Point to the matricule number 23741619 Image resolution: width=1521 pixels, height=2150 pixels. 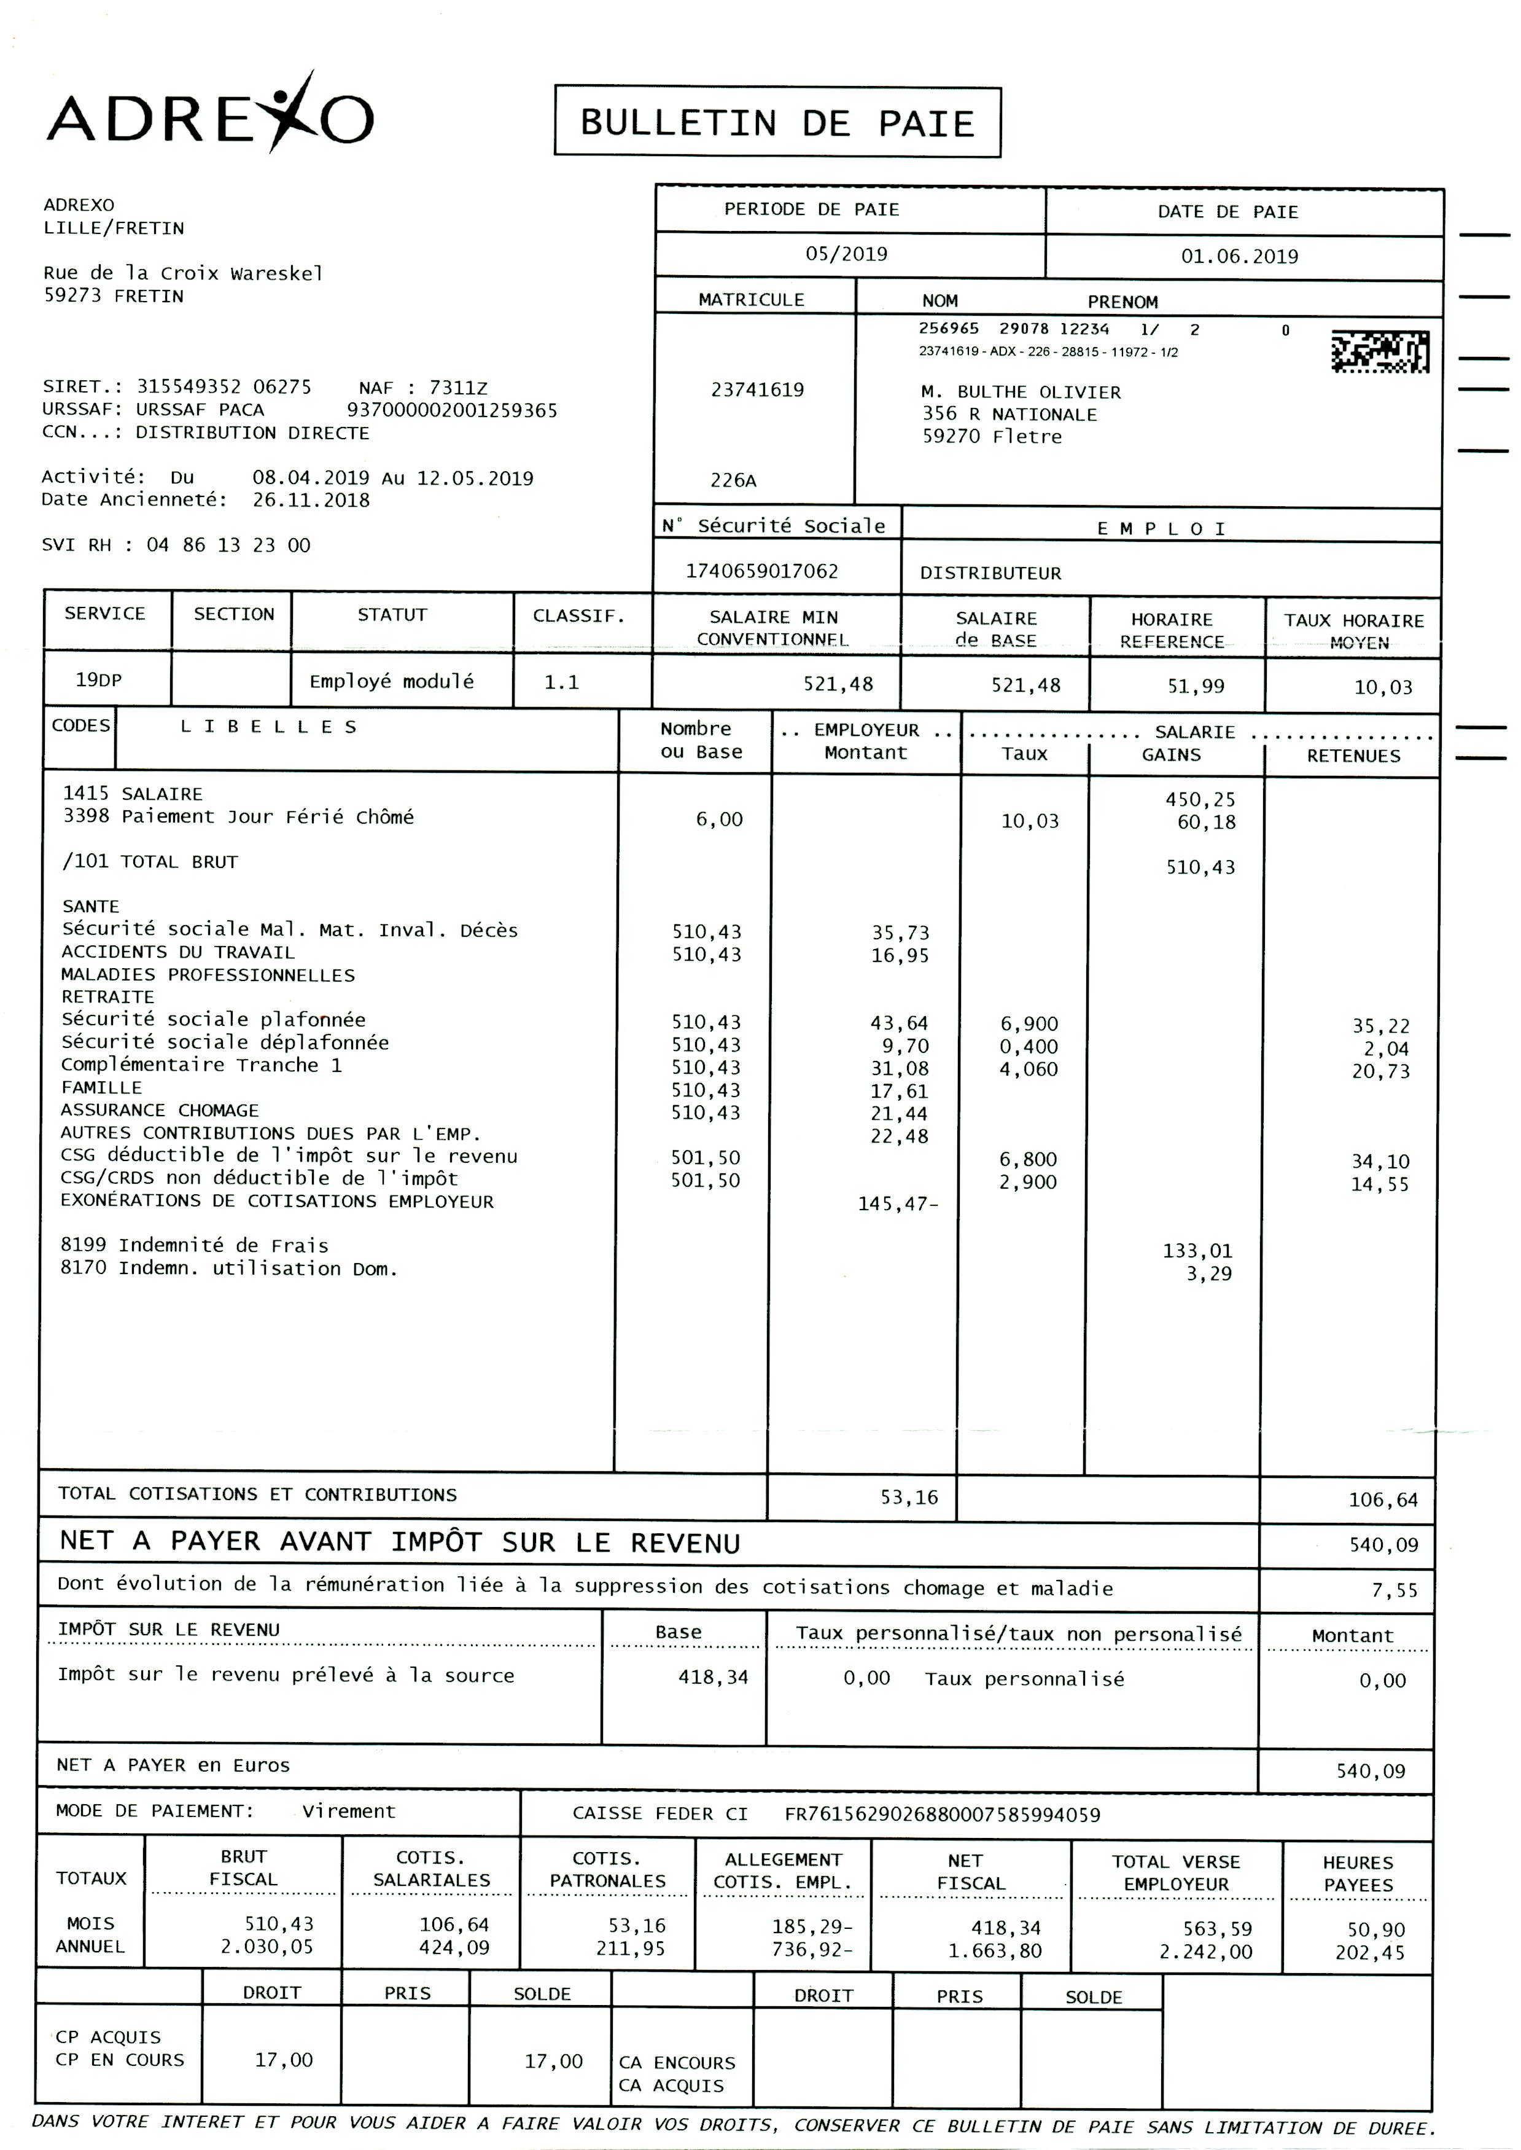point(757,389)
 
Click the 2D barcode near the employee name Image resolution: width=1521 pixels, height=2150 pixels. point(1380,351)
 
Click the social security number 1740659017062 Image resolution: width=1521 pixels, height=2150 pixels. point(761,571)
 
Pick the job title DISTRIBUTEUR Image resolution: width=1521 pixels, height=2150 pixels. point(990,573)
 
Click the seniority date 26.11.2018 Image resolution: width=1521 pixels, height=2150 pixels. point(311,500)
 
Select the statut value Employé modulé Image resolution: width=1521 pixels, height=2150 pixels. point(392,681)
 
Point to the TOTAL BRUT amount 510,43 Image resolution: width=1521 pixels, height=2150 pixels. point(1200,867)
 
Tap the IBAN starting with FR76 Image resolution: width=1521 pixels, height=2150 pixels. point(942,1815)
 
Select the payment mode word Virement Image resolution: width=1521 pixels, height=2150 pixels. point(348,1812)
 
